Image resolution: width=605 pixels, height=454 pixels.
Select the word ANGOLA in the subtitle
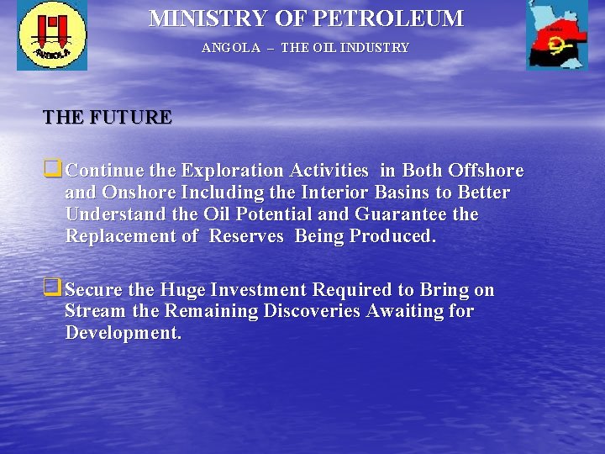pos(231,48)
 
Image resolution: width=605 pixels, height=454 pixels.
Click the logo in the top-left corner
pos(52,35)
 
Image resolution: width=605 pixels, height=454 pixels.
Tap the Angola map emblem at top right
pos(556,35)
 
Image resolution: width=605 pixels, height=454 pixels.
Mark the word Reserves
pos(246,236)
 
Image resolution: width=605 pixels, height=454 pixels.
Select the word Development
pos(123,333)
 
